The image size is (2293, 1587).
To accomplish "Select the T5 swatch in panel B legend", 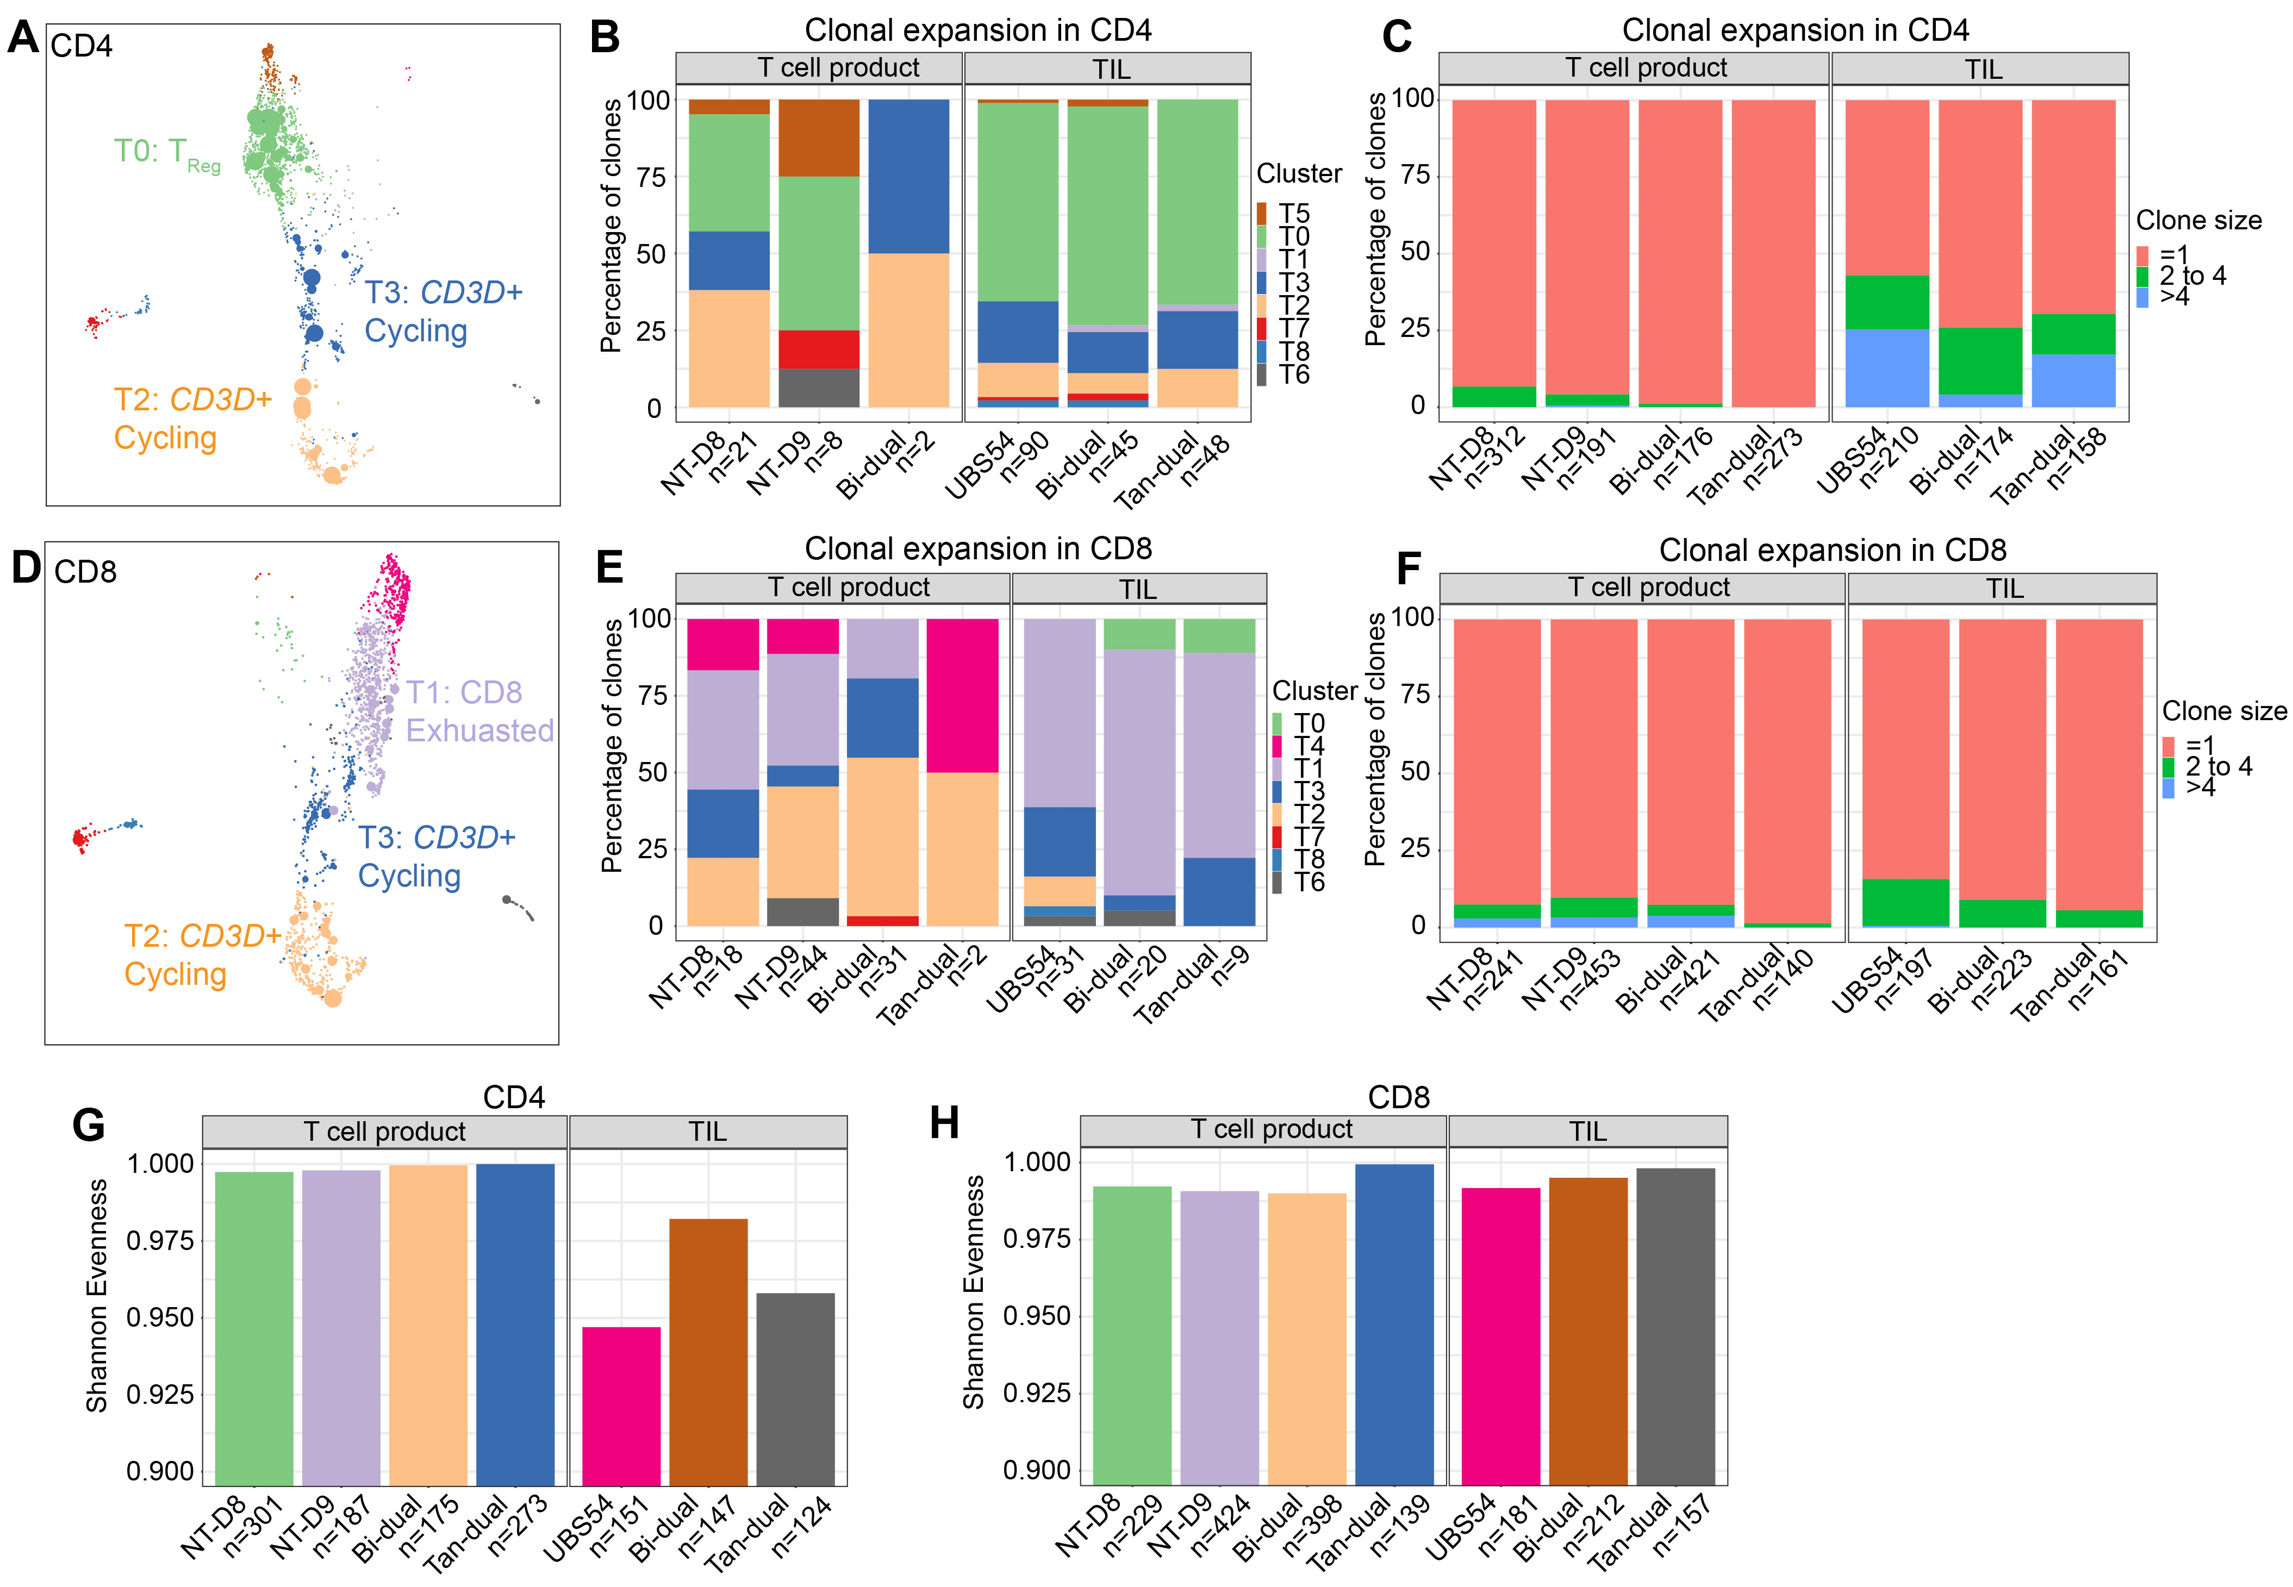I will tap(1262, 214).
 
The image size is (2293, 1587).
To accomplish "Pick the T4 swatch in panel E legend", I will tap(1278, 746).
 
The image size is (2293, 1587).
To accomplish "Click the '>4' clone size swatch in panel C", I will tap(2142, 296).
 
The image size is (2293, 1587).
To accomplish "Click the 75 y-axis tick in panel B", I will tap(651, 177).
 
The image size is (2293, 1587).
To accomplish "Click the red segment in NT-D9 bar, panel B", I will tap(818, 349).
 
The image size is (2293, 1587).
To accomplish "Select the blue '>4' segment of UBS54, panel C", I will tap(1886, 368).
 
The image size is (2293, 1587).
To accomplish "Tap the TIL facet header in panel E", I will tap(1138, 589).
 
